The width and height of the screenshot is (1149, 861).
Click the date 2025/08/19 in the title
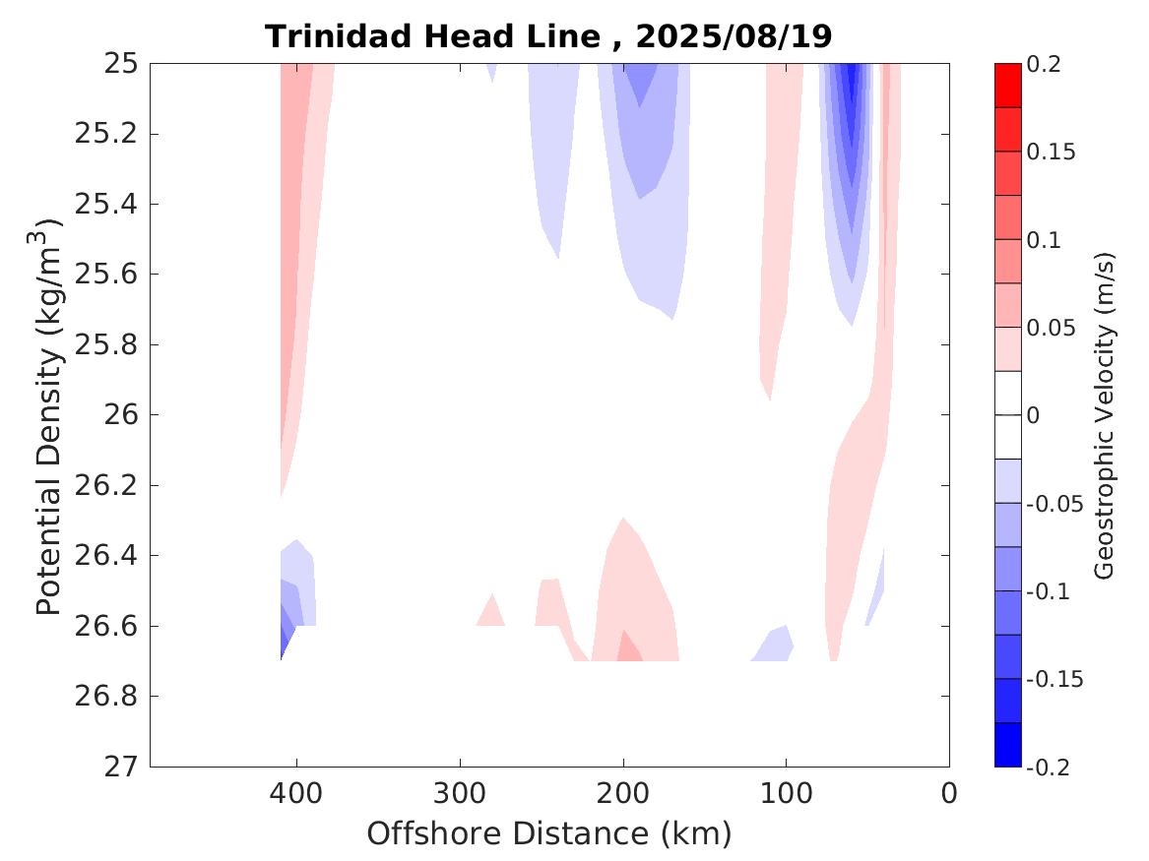coord(734,36)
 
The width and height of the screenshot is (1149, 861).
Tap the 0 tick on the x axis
coord(949,792)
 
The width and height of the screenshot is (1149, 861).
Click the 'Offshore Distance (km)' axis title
coord(549,834)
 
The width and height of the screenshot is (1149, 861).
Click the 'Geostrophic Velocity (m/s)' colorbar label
coord(1105,415)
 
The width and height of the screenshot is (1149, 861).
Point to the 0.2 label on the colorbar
coord(1044,64)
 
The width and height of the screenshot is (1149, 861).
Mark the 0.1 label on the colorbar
coord(1044,240)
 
